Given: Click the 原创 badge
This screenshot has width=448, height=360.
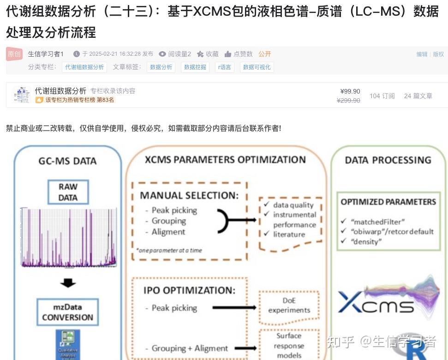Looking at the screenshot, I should pyautogui.click(x=14, y=53).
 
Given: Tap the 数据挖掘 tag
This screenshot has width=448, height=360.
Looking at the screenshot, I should pyautogui.click(x=195, y=67).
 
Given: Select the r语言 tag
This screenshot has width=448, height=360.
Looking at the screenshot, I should pyautogui.click(x=225, y=67).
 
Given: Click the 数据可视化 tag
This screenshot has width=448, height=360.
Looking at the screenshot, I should pyautogui.click(x=257, y=67).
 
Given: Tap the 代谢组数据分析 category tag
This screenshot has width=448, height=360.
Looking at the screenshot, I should pyautogui.click(x=84, y=67).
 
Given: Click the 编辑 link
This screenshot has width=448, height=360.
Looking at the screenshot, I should pyautogui.click(x=422, y=54).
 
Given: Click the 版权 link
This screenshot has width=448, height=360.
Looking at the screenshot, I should pyautogui.click(x=438, y=54).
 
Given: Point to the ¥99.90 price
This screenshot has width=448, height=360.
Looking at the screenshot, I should pyautogui.click(x=350, y=91).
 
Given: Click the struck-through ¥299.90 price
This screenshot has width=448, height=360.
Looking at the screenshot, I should pyautogui.click(x=348, y=100).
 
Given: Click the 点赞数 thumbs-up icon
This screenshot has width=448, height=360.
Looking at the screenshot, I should pyautogui.click(x=228, y=54).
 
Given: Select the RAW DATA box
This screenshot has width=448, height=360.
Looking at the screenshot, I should pyautogui.click(x=68, y=192).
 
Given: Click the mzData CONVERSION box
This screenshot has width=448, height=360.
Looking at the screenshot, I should pyautogui.click(x=67, y=312).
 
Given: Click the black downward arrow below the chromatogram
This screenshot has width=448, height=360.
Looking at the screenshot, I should pyautogui.click(x=68, y=282).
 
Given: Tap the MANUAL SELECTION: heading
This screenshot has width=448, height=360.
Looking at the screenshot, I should pyautogui.click(x=189, y=195).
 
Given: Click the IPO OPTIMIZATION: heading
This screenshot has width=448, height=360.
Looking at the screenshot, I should pyautogui.click(x=189, y=290).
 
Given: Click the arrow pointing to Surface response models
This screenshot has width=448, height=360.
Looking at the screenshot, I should pyautogui.click(x=236, y=348).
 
